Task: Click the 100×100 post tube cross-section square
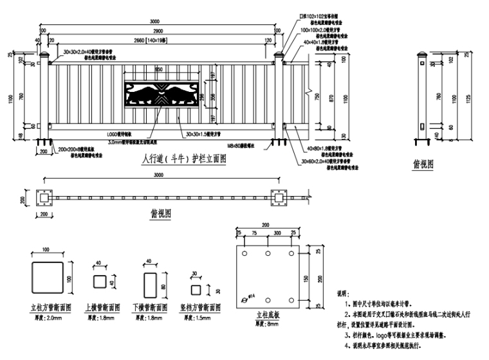[x=47, y=277]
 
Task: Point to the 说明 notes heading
[x=343, y=291]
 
